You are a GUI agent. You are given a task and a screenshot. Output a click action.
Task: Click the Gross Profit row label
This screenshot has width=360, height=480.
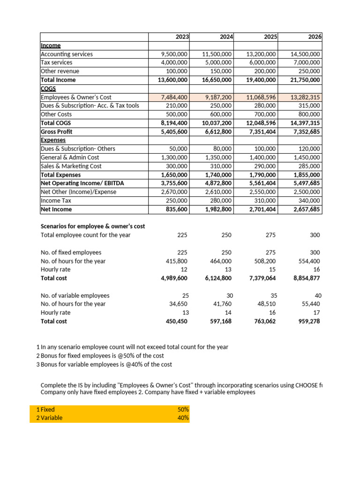tap(56, 132)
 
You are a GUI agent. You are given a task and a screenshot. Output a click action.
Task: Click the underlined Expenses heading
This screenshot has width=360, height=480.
tap(53, 140)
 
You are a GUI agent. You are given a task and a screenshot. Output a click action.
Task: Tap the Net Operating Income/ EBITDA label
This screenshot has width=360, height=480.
tap(82, 183)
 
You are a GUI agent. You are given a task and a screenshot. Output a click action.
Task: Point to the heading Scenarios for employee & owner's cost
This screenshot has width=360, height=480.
tap(93, 226)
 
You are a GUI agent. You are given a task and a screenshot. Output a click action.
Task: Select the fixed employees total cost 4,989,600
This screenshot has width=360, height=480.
tap(174, 278)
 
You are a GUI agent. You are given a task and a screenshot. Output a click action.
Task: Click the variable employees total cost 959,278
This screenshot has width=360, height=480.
tap(309, 321)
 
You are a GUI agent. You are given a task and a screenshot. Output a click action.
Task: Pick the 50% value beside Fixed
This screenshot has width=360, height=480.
tap(183, 409)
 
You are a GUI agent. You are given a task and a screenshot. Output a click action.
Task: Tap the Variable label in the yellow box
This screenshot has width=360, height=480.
tap(52, 418)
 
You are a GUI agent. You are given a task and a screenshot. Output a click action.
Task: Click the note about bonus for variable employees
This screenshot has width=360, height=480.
tap(106, 364)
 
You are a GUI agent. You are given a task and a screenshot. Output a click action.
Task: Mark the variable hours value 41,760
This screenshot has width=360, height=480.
tap(222, 304)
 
